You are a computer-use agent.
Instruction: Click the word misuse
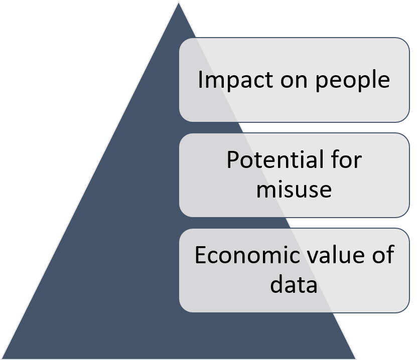294,189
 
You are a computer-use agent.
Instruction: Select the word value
335,255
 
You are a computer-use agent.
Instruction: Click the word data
294,284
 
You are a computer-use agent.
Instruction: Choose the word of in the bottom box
384,255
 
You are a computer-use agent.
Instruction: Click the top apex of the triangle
178,2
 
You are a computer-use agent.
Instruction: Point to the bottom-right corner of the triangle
356,358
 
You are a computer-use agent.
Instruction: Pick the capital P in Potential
231,160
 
